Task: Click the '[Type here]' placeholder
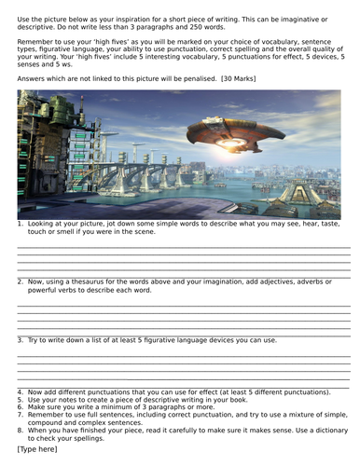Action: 36,449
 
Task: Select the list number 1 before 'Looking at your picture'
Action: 21,225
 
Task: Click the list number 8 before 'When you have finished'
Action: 21,430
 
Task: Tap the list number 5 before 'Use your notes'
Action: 21,399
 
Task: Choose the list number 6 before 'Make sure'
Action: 21,406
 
